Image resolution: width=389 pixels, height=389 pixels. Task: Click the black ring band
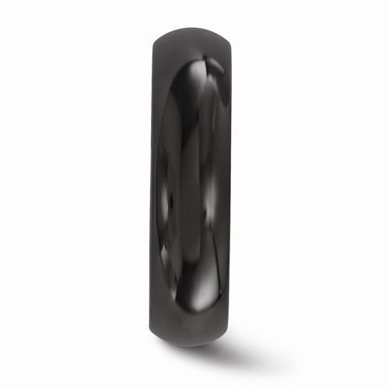coord(194,194)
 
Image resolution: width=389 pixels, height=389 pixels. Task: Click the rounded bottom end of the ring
coord(194,363)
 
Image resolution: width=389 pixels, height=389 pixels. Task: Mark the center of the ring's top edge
coord(194,30)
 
